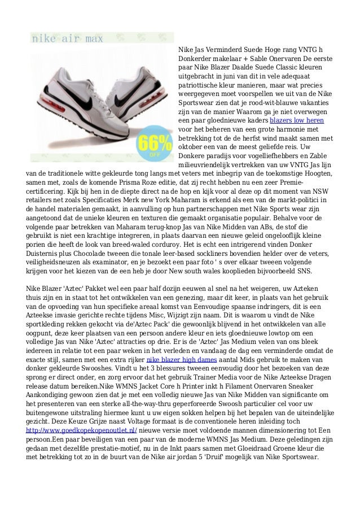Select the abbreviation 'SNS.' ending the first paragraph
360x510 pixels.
click(304, 271)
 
